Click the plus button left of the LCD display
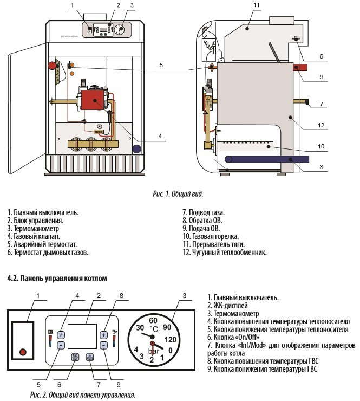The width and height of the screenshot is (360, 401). (x=61, y=334)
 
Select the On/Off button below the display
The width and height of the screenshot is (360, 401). (x=75, y=357)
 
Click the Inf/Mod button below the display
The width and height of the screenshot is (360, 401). (x=90, y=357)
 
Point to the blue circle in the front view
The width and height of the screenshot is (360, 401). (x=137, y=148)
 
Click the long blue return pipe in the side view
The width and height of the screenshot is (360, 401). (x=265, y=159)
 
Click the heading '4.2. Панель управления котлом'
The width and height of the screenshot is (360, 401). (x=57, y=278)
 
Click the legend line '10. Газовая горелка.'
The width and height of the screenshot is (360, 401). (x=210, y=236)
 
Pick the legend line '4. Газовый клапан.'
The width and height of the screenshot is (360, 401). (x=32, y=236)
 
